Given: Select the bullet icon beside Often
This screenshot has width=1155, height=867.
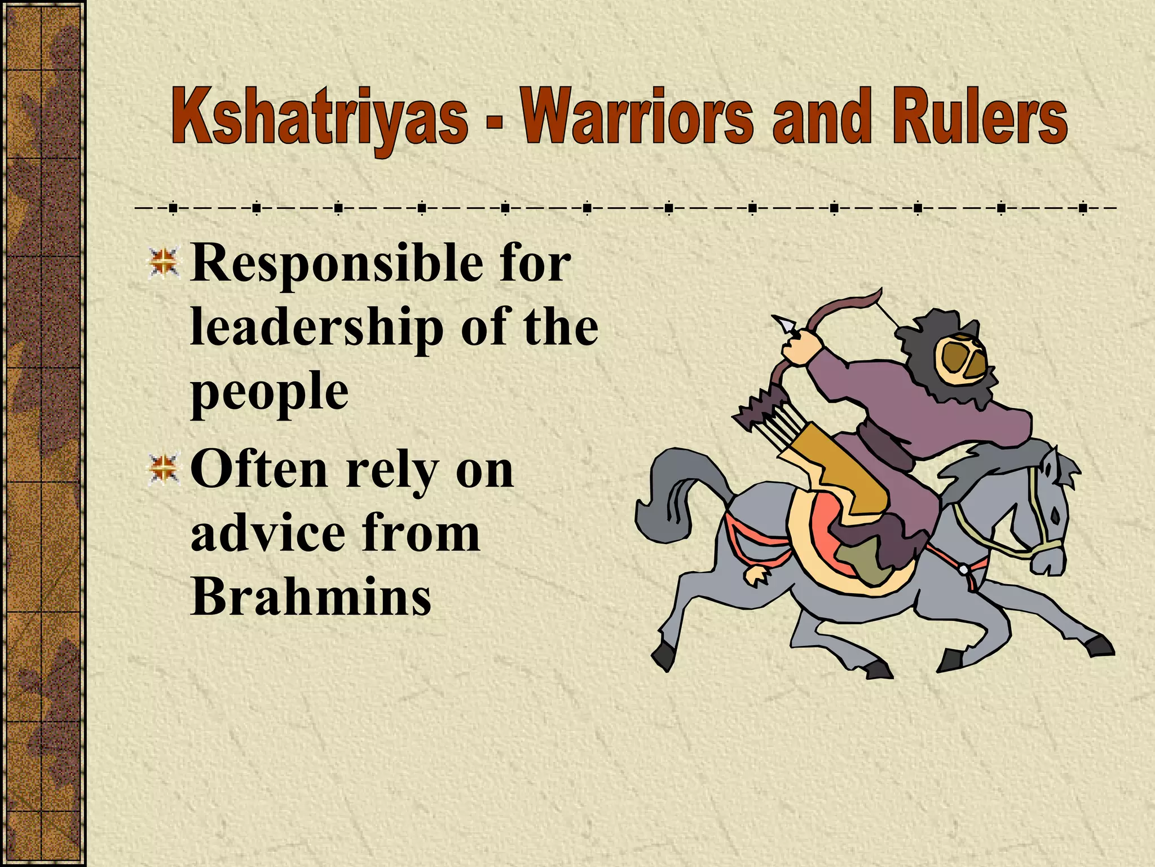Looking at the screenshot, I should point(164,468).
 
